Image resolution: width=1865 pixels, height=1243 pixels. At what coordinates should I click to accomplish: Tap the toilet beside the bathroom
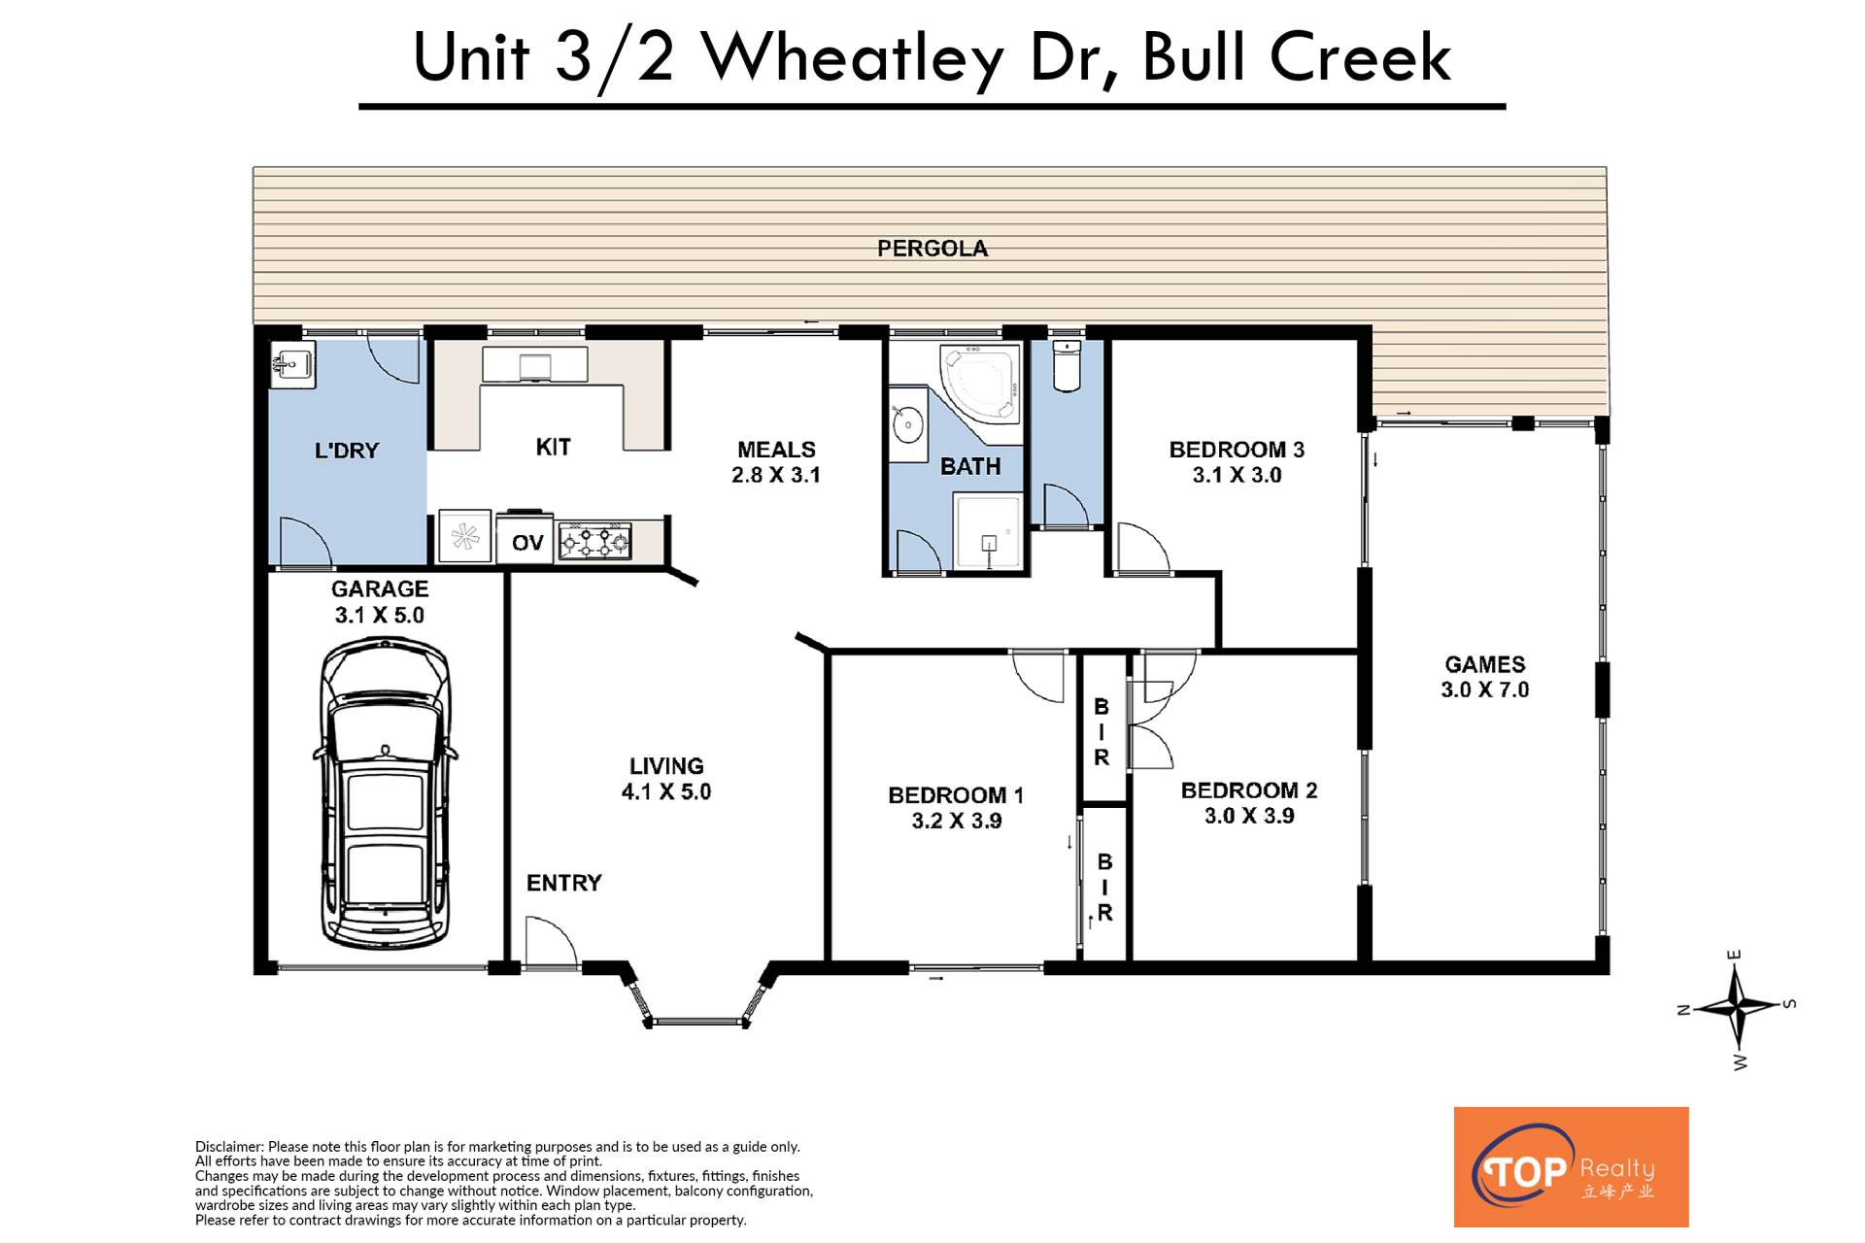[x=1067, y=365]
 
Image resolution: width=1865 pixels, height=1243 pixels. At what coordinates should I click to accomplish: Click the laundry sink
[x=292, y=366]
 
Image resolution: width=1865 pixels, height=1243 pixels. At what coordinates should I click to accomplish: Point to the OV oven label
[x=527, y=542]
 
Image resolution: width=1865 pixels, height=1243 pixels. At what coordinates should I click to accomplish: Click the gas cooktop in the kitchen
[x=594, y=540]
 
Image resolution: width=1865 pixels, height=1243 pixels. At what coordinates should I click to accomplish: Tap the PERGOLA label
[x=932, y=249]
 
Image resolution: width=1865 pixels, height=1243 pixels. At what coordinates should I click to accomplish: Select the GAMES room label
[x=1485, y=664]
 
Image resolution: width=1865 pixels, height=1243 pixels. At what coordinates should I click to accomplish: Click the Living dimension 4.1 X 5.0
[x=666, y=791]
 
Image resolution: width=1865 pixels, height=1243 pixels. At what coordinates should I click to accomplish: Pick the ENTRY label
[x=564, y=883]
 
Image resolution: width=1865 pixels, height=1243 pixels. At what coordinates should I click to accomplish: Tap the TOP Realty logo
[x=1571, y=1166]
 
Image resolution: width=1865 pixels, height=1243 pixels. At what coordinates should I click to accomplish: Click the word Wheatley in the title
[x=853, y=58]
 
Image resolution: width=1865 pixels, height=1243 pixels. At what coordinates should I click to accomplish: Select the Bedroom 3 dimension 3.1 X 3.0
[x=1237, y=475]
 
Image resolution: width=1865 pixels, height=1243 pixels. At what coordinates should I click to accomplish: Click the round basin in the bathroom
[x=908, y=424]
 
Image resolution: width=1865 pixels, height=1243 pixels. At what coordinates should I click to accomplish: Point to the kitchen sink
[x=535, y=366]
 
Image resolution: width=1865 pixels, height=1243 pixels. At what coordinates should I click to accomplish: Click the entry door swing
[x=551, y=940]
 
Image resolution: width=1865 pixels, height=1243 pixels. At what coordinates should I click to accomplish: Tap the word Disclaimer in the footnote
[x=229, y=1147]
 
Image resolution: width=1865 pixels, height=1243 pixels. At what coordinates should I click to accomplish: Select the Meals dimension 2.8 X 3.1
[x=776, y=475]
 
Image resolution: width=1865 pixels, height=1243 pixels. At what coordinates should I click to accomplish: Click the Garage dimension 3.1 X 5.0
[x=380, y=615]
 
